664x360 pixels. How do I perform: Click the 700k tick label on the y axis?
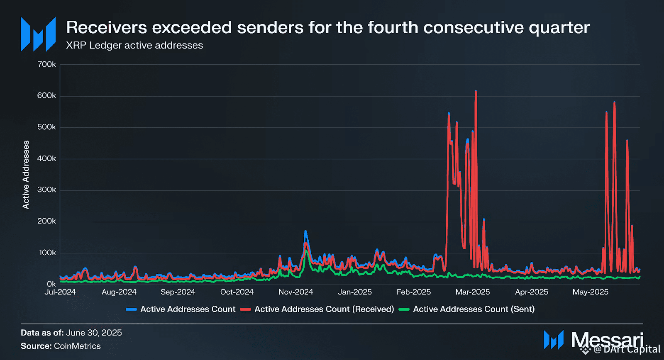[46, 64]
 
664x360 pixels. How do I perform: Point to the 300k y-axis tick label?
[46, 190]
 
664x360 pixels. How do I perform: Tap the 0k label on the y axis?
[51, 284]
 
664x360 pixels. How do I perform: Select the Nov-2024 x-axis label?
[295, 292]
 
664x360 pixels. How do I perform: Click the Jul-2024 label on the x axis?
[60, 292]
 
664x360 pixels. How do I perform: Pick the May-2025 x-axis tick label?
[590, 292]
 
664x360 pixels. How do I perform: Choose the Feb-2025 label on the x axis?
[413, 292]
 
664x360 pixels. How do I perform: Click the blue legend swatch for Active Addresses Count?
[131, 309]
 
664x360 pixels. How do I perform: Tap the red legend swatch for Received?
[245, 309]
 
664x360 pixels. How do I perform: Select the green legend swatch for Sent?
[404, 309]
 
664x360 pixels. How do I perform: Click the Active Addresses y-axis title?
[26, 175]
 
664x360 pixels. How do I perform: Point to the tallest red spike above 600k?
[476, 92]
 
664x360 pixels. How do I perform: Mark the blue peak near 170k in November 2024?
[305, 231]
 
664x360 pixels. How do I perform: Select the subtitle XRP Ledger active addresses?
[134, 45]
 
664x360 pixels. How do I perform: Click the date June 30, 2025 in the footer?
[94, 333]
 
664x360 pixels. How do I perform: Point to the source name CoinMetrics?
[77, 346]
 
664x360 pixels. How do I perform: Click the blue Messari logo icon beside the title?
[38, 34]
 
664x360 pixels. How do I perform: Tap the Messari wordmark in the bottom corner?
[607, 340]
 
